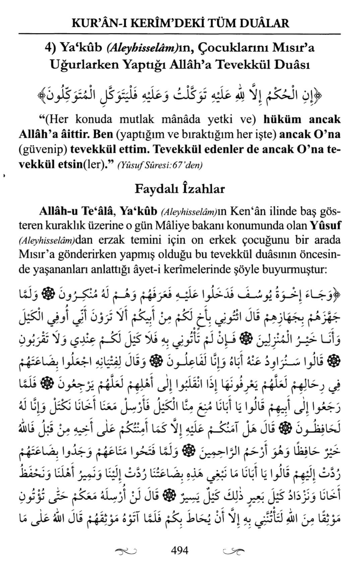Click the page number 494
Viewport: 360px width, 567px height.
pos(180,550)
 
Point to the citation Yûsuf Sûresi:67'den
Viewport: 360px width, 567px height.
pos(160,165)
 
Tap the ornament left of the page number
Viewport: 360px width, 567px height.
pos(126,551)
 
